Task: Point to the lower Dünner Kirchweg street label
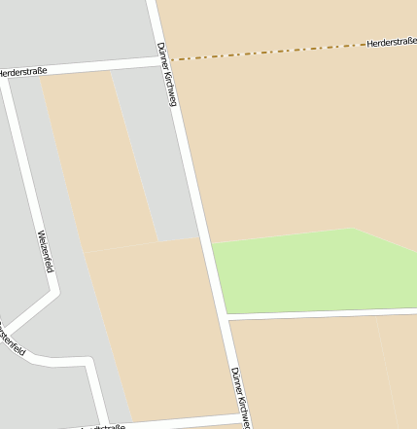pos(240,397)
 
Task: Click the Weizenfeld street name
pos(43,250)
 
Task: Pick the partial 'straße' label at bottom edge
pos(103,425)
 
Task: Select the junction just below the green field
pos(226,316)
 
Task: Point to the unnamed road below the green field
pos(321,312)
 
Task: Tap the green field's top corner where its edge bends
pos(352,230)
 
